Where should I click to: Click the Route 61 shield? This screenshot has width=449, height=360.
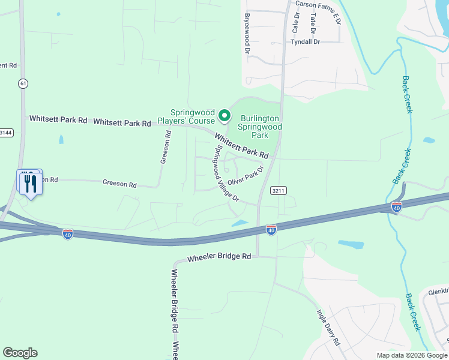click(23, 83)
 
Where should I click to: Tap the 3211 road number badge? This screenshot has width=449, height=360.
click(278, 191)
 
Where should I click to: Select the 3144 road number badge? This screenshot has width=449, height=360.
click(5, 132)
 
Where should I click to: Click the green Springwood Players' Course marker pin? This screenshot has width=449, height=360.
click(224, 115)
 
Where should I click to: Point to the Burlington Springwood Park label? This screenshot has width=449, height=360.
click(260, 127)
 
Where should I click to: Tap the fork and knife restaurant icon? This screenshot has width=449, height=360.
click(31, 183)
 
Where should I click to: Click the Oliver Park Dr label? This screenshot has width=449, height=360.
click(246, 176)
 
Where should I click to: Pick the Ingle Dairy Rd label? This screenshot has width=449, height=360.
click(328, 326)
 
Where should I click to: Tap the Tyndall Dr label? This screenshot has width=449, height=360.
click(306, 42)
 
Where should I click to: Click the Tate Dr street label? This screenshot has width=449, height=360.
click(313, 25)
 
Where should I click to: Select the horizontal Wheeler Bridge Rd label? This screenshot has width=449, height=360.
click(219, 257)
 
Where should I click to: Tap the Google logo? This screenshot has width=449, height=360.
click(20, 353)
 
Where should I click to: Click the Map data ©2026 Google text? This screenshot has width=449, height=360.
click(411, 355)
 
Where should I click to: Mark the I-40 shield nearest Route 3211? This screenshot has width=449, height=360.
click(271, 230)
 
